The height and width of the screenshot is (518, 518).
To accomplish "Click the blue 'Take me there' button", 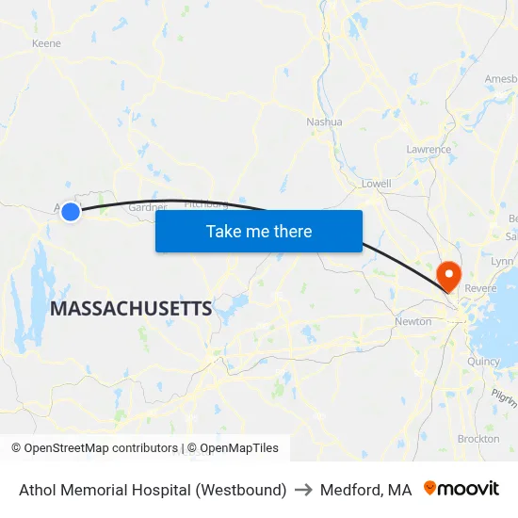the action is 259,231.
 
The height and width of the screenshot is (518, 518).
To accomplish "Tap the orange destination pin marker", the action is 448,275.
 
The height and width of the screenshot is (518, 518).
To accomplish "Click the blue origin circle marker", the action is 71,212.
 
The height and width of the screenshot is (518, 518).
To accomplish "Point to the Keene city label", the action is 46,43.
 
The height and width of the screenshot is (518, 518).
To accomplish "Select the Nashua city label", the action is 324,121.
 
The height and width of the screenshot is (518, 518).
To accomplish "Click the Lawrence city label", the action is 428,150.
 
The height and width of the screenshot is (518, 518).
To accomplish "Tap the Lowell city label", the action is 376,183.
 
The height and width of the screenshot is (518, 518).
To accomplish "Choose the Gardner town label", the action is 147,207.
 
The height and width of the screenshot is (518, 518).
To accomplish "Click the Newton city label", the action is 413,321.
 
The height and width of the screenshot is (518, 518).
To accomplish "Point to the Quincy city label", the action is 482,361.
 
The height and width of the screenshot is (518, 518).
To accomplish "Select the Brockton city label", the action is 478,439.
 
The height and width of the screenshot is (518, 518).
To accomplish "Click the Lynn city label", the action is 501,261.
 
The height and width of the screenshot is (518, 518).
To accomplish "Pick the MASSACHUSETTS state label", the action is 131,308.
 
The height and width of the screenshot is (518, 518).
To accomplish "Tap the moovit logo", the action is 461,489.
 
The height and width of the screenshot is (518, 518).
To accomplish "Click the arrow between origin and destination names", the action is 303,490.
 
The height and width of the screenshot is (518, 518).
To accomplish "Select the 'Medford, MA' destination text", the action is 365,490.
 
